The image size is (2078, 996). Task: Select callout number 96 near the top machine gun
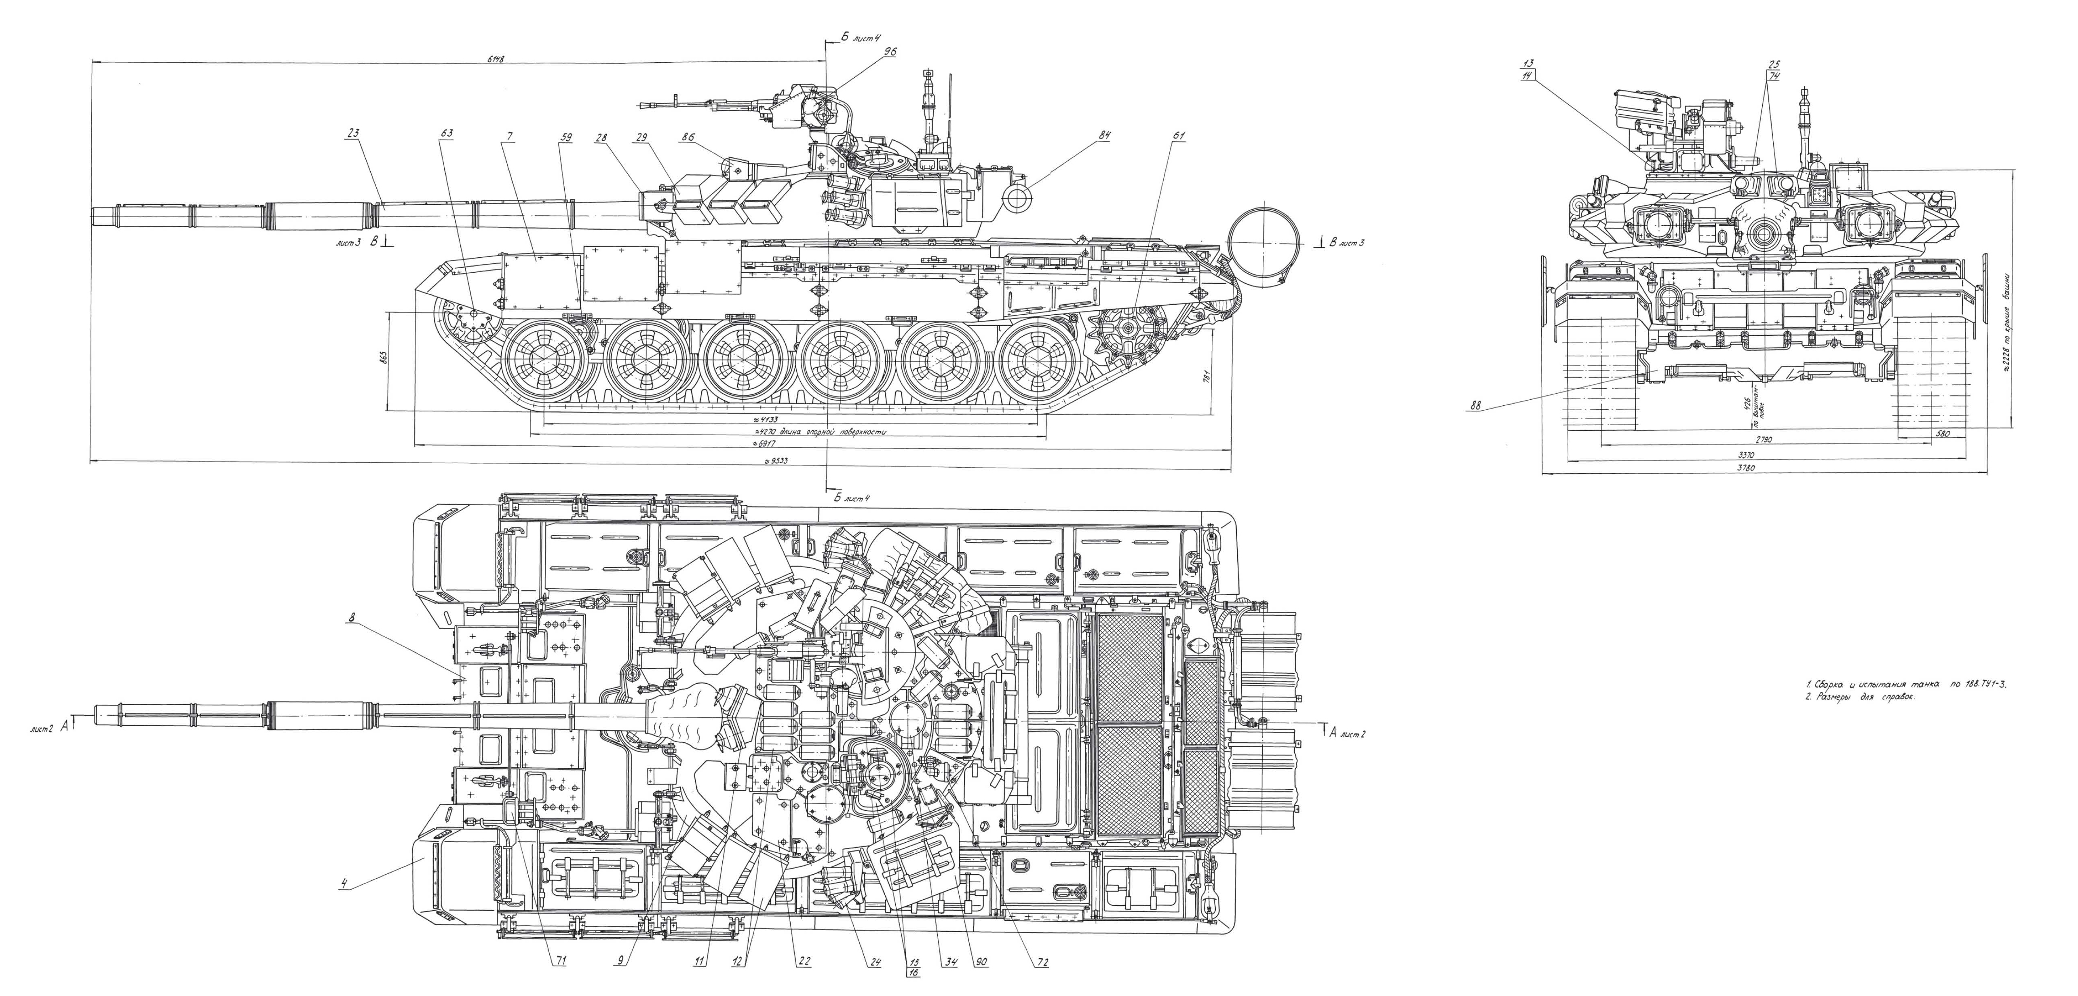(x=890, y=51)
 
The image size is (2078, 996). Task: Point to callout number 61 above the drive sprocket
(x=1179, y=136)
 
